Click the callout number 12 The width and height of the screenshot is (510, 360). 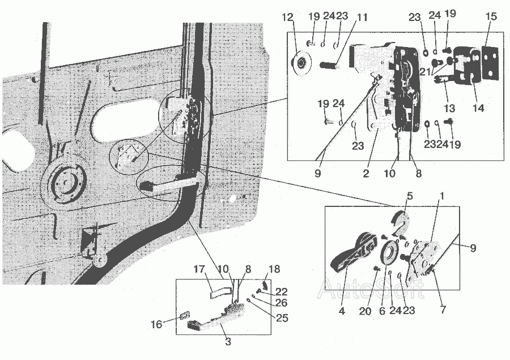[x=287, y=17]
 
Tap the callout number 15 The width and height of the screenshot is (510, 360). [x=491, y=16]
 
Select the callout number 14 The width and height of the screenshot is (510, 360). [x=478, y=108]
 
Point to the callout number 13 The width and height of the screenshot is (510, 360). [x=449, y=108]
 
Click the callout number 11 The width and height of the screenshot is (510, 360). [x=362, y=17]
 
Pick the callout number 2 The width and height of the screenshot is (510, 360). [x=366, y=173]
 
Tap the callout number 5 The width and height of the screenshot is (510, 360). [x=410, y=196]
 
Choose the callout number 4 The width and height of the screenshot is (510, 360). [x=342, y=311]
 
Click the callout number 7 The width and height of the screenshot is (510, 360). [x=443, y=309]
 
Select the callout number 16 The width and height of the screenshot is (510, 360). [x=156, y=324]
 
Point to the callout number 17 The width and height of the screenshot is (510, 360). [x=199, y=269]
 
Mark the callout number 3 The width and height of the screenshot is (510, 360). [x=228, y=341]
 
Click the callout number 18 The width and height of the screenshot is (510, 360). [x=274, y=269]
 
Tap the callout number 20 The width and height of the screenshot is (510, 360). [x=365, y=311]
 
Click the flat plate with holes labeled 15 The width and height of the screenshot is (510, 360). [x=490, y=62]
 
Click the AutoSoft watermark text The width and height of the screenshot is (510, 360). [x=371, y=288]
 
